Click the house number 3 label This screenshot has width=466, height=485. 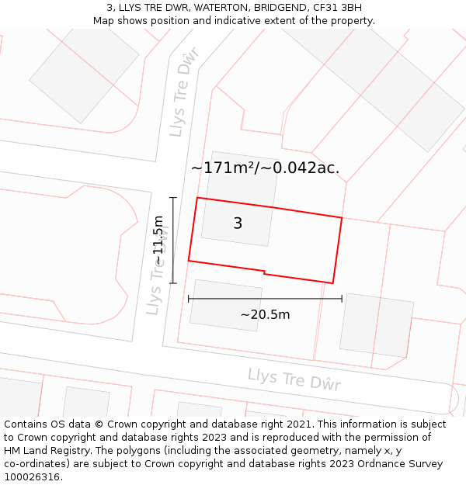[238, 223]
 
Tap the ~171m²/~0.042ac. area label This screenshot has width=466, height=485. [265, 168]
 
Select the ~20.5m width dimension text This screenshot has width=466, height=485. [265, 314]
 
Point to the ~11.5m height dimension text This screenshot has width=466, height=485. [158, 241]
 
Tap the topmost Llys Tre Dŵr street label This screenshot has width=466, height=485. [184, 92]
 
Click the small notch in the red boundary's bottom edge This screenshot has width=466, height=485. [265, 272]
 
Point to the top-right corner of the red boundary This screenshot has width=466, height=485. [342, 218]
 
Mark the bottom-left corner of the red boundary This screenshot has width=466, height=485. [189, 261]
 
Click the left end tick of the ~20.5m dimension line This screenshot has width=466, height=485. [189, 299]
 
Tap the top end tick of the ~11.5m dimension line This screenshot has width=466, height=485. [173, 198]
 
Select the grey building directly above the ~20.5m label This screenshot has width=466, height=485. [225, 305]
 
